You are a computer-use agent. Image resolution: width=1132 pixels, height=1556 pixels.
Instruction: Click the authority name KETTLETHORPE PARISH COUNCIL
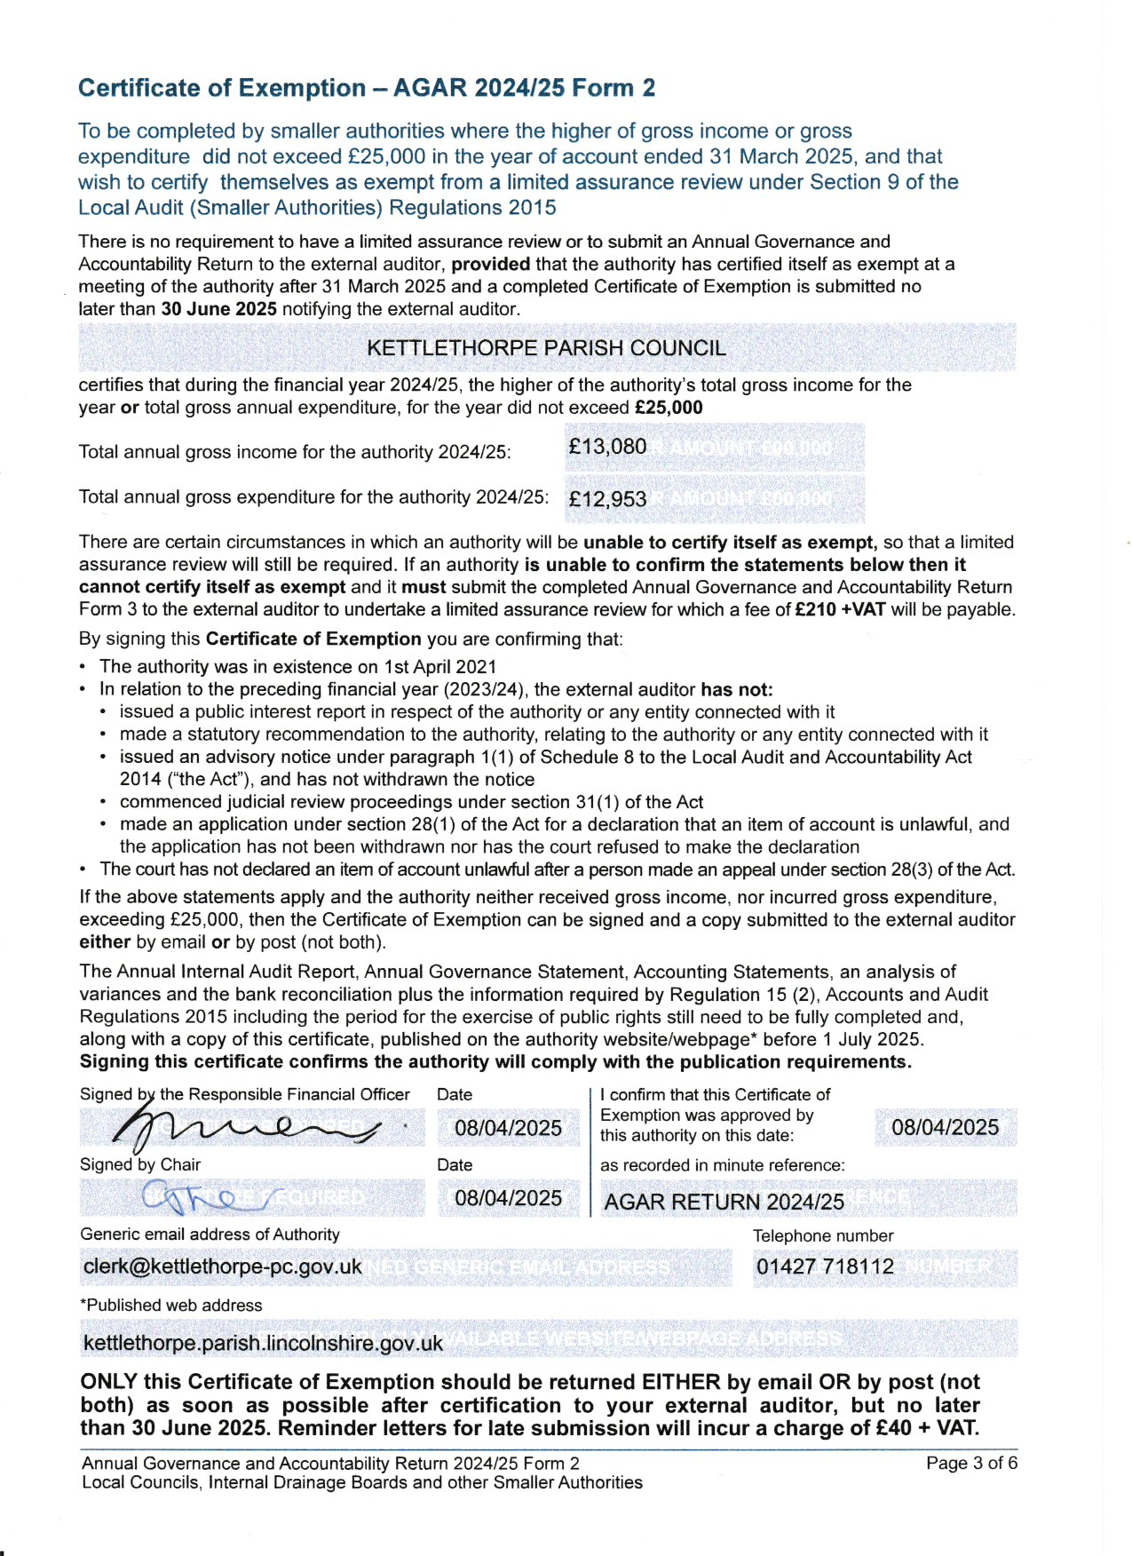click(546, 348)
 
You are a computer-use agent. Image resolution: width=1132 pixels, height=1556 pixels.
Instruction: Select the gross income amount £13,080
click(607, 447)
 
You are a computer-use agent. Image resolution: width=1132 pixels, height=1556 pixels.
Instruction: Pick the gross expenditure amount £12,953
click(607, 499)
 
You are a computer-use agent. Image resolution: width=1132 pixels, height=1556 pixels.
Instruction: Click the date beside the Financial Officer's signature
click(508, 1128)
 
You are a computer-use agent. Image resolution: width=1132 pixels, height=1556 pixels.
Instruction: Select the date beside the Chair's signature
click(508, 1198)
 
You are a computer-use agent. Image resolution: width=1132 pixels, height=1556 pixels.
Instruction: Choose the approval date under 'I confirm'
click(945, 1127)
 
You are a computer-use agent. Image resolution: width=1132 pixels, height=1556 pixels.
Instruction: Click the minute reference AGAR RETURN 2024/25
click(724, 1202)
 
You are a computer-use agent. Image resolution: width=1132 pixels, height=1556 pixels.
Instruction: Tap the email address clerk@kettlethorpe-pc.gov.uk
click(222, 1266)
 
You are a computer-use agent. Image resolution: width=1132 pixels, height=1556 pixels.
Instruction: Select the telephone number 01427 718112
click(825, 1266)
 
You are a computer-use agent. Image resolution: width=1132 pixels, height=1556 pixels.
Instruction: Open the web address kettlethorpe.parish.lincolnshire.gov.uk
click(263, 1343)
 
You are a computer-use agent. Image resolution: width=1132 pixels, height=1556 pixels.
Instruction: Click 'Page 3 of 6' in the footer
click(971, 1463)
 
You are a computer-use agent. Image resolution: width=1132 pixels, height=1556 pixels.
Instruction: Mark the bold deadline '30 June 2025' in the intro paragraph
click(218, 309)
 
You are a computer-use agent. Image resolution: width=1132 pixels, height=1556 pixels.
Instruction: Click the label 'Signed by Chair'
click(140, 1164)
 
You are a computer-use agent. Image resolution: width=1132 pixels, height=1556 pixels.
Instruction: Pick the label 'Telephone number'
click(822, 1235)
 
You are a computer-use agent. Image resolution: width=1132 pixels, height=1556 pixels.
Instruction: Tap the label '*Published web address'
click(170, 1305)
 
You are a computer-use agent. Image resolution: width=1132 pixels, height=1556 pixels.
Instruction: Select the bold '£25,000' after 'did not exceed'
click(669, 408)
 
